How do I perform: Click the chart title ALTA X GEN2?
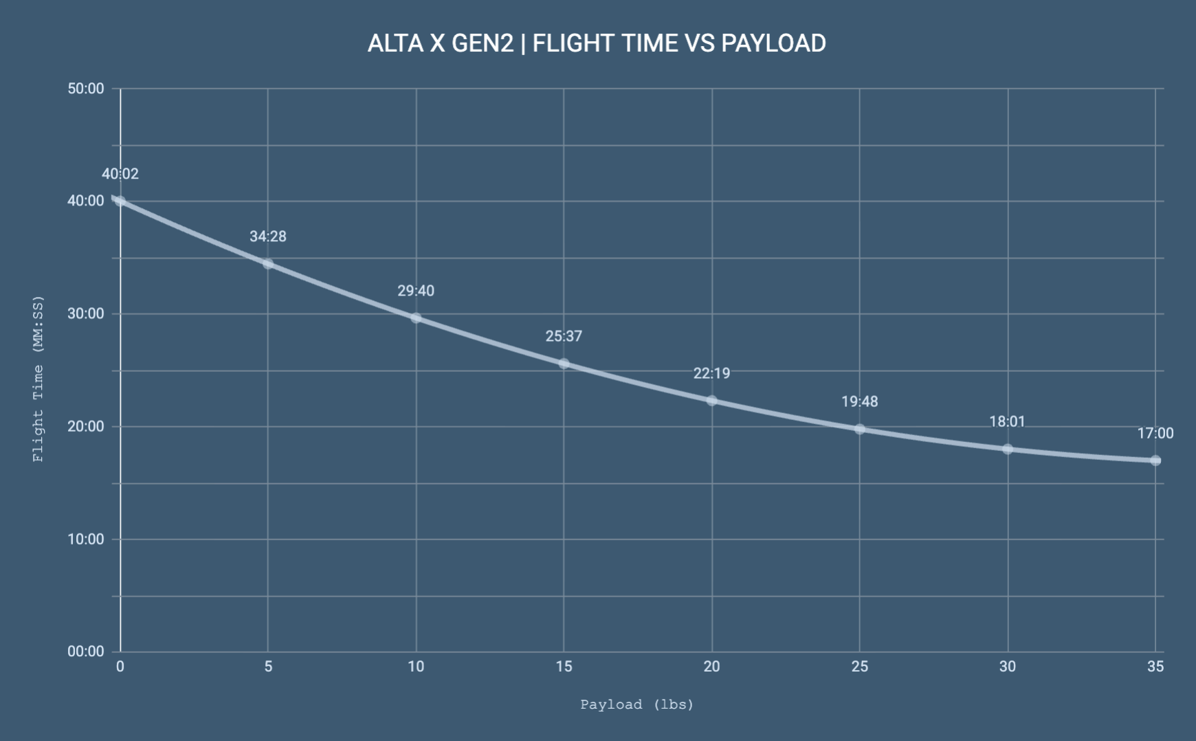[596, 43]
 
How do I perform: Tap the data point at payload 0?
[120, 201]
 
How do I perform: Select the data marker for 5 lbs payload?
[268, 264]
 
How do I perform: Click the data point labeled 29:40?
[416, 318]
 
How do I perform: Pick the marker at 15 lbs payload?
[564, 364]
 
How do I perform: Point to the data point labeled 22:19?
[711, 401]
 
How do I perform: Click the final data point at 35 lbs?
[1155, 461]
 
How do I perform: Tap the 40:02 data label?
[120, 174]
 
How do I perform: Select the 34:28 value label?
[268, 236]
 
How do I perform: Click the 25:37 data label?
[564, 336]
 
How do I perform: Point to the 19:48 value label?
[859, 401]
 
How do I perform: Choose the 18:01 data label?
[1007, 421]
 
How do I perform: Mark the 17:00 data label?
[1155, 433]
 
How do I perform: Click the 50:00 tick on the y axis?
[86, 89]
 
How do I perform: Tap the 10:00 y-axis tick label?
[86, 540]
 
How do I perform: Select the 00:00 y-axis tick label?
[86, 652]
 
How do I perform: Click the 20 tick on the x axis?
[711, 666]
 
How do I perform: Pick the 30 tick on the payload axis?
[1007, 666]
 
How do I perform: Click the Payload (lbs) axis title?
[637, 705]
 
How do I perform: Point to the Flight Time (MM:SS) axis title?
[38, 378]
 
